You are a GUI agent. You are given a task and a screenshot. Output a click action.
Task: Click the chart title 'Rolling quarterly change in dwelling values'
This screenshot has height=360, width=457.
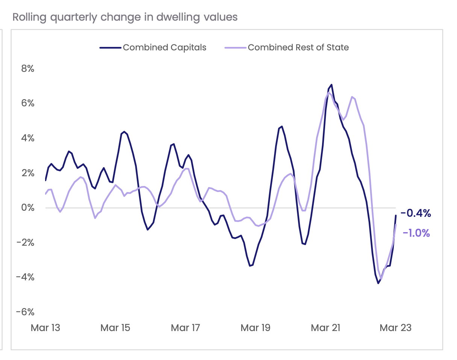click(x=125, y=17)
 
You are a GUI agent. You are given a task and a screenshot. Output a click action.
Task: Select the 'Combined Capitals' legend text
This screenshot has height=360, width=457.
click(x=165, y=48)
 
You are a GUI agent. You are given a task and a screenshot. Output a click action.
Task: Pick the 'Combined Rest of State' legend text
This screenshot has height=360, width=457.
click(x=298, y=48)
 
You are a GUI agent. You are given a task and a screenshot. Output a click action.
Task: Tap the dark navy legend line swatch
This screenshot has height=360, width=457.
click(x=110, y=48)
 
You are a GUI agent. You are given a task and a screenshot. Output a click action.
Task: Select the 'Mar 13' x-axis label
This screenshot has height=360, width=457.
click(x=45, y=328)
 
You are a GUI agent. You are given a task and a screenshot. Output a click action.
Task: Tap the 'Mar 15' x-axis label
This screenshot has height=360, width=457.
click(x=115, y=328)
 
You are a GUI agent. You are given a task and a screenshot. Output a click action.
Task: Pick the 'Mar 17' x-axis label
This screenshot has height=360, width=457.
click(x=185, y=328)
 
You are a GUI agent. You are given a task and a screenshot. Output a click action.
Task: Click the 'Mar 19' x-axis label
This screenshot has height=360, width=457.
click(x=256, y=328)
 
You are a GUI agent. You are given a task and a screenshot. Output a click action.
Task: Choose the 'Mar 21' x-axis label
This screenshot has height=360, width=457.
click(x=325, y=328)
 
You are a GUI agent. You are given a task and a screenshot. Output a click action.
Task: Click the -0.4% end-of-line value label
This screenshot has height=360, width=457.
click(x=416, y=214)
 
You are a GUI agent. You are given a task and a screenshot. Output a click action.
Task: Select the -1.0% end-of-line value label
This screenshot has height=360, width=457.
click(x=416, y=233)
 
